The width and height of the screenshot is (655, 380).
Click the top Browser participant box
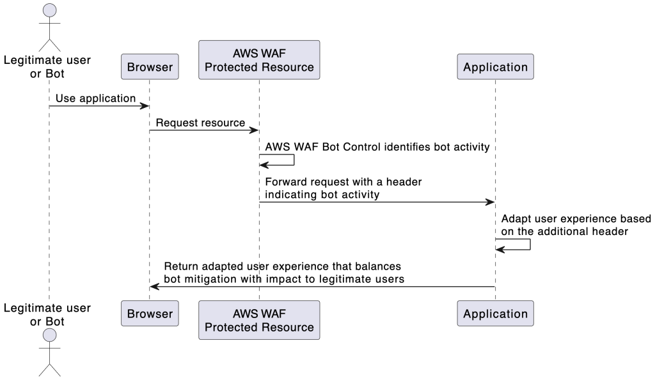point(149,67)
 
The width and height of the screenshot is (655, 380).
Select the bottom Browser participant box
point(149,314)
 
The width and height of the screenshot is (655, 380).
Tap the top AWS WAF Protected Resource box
point(259,60)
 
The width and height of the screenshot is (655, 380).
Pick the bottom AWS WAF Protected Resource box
point(259,321)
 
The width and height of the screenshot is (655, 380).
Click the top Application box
point(495,67)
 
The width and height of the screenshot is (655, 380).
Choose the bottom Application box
point(495,314)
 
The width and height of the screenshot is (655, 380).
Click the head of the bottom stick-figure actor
point(49,337)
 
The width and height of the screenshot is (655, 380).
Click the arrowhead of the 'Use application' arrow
point(145,106)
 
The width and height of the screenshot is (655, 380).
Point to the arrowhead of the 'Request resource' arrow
point(255,130)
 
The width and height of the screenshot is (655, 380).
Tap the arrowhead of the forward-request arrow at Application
point(491,202)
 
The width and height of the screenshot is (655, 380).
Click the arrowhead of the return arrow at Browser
point(154,287)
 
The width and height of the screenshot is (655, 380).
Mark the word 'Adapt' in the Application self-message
point(516,218)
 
